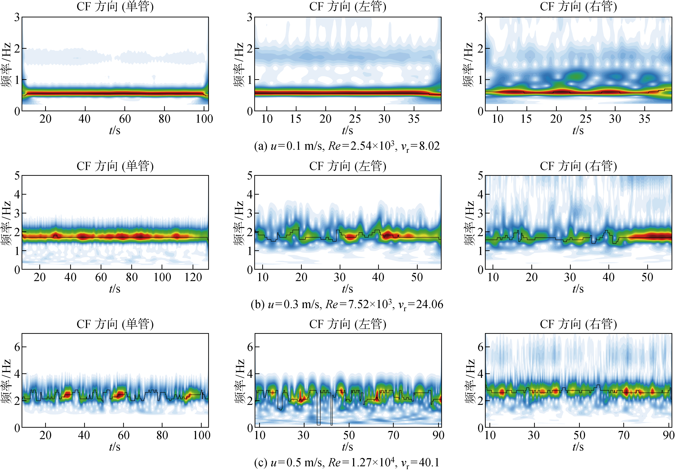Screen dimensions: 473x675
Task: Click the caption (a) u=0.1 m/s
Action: point(347,146)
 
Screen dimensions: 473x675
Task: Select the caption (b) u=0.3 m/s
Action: point(347,304)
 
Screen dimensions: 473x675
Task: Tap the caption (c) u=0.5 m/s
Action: point(347,462)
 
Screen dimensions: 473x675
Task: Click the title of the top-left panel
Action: point(115,7)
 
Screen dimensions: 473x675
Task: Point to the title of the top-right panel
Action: point(578,7)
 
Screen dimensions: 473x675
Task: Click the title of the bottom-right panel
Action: point(578,324)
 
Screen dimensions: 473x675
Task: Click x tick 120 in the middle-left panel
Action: point(193,277)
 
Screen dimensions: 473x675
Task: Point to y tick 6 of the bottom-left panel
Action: point(17,347)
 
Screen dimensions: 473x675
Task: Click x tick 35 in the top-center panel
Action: point(414,119)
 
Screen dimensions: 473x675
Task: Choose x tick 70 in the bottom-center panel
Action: point(393,435)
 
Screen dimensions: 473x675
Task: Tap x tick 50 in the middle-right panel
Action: point(647,277)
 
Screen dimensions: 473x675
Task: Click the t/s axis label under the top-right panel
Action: point(578,130)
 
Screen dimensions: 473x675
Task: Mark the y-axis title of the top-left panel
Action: point(7,65)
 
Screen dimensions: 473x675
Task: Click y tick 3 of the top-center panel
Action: point(250,18)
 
